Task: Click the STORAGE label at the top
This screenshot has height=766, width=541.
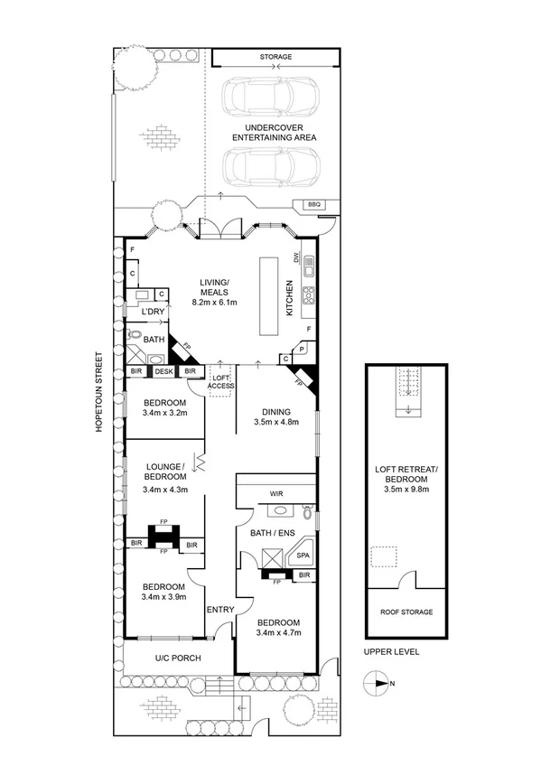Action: (x=275, y=57)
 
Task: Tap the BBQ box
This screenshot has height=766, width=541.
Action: (x=314, y=204)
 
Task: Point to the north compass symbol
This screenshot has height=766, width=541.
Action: (x=378, y=682)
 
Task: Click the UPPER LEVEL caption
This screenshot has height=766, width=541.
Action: (x=391, y=651)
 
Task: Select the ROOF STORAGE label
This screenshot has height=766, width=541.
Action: (x=406, y=612)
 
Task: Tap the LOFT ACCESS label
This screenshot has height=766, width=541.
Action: (x=222, y=381)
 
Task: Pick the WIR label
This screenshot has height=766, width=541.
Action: (x=275, y=494)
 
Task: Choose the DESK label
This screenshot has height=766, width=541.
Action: (x=163, y=371)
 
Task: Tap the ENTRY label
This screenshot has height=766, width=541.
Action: (x=220, y=610)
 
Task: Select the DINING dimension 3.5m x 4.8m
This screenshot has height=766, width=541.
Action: (x=275, y=421)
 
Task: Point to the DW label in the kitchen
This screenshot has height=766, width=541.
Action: (x=295, y=257)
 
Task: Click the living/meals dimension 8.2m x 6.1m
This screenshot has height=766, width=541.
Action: (x=215, y=304)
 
